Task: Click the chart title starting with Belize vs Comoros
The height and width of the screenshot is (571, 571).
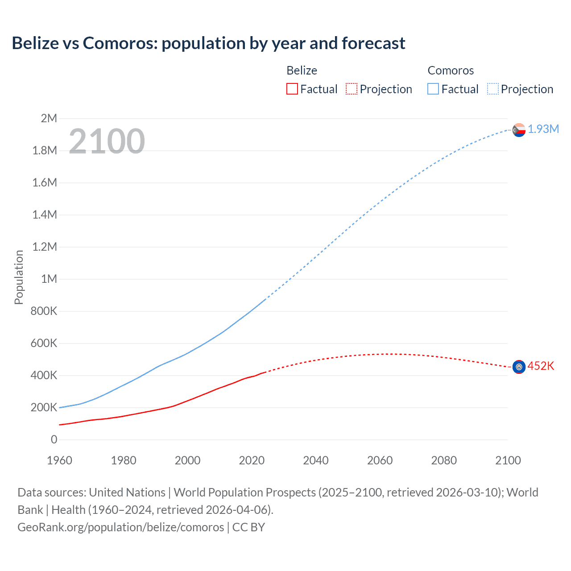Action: click(x=208, y=43)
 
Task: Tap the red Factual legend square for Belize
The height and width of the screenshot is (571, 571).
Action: click(x=292, y=89)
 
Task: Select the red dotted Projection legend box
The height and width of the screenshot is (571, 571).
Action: click(x=351, y=89)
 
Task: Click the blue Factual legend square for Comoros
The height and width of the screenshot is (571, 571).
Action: click(x=433, y=89)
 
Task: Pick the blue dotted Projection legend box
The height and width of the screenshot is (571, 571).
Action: click(x=492, y=89)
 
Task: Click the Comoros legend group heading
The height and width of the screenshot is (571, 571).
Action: click(x=450, y=70)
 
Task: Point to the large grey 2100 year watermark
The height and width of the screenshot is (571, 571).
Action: click(x=107, y=141)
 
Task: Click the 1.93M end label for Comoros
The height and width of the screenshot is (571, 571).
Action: click(x=543, y=129)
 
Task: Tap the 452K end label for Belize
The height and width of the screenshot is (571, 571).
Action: click(x=540, y=366)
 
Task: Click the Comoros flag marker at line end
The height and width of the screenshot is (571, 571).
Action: click(x=519, y=130)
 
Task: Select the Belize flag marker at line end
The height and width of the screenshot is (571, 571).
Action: click(x=519, y=367)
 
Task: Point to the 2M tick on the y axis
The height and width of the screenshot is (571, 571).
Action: click(x=49, y=118)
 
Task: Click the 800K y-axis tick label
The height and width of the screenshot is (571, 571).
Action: click(x=44, y=311)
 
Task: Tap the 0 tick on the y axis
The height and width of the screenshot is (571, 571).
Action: click(x=54, y=439)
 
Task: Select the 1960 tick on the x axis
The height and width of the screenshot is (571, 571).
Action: click(x=59, y=460)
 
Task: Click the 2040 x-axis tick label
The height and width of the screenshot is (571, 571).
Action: click(x=316, y=460)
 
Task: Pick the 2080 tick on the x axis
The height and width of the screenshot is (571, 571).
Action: click(x=444, y=460)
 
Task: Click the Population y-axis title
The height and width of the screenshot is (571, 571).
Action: click(x=19, y=277)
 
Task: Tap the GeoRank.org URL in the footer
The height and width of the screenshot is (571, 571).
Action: click(x=120, y=527)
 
